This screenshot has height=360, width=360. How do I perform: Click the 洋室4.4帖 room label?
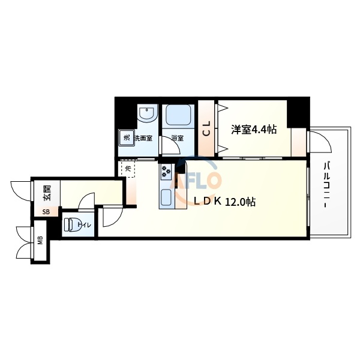coord(254,128)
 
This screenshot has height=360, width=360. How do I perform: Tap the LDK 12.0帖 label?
coord(224,202)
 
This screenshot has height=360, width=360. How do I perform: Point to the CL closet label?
coord(206,128)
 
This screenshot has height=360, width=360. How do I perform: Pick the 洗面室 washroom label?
coord(143,139)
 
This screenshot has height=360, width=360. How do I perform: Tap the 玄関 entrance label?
coord(47,193)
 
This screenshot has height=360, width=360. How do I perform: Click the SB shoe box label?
coord(46,211)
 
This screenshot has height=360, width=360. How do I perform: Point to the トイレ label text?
coord(85,225)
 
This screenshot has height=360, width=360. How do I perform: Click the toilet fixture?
coord(70,225)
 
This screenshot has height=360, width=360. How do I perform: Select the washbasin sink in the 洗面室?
coord(146,114)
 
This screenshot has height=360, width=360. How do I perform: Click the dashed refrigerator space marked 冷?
coord(128,169)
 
